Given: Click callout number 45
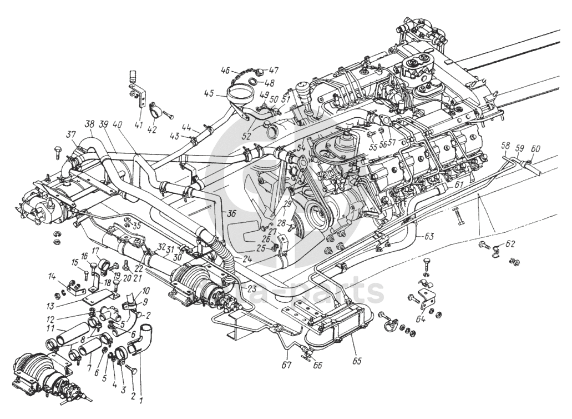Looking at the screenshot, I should pyautogui.click(x=208, y=93).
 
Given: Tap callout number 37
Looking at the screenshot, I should pyautogui.click(x=71, y=134).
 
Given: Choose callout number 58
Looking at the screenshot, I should pyautogui.click(x=505, y=146).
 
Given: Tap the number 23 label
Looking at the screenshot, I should pyautogui.click(x=252, y=288).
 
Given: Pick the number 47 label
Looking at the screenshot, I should pyautogui.click(x=274, y=71).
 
